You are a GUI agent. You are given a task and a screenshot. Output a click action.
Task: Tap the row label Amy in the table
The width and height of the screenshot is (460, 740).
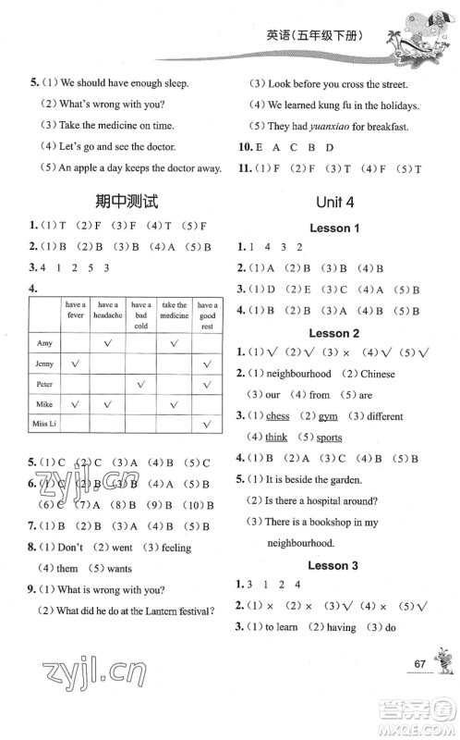(x=43, y=342)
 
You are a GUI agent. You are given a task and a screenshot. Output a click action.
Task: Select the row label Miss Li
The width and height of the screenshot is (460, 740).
(x=46, y=426)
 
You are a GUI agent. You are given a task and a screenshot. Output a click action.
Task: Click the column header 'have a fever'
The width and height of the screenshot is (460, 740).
(x=76, y=309)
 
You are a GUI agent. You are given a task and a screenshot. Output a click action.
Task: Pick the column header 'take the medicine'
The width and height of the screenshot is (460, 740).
(x=174, y=309)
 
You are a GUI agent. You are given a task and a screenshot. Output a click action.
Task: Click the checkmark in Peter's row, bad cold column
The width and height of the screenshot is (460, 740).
(x=141, y=384)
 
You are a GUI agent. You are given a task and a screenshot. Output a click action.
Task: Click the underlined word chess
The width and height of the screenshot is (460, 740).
(x=277, y=416)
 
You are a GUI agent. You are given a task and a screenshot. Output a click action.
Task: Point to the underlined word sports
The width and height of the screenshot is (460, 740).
(x=329, y=438)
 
